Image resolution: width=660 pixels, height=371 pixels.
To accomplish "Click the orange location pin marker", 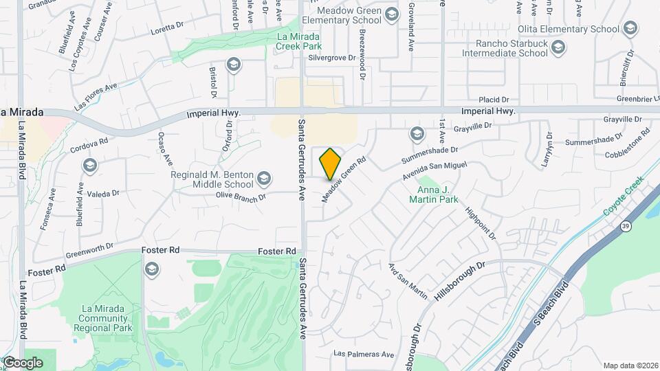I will click(331, 164).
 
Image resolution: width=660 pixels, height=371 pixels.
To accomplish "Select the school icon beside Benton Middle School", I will click(264, 180).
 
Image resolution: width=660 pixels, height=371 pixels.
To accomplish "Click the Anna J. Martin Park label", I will click(439, 194).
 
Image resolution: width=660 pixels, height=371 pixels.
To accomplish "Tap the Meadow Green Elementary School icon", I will click(392, 15).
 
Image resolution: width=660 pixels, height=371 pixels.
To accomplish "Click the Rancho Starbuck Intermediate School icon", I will click(558, 47).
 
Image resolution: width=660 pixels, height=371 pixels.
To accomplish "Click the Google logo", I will click(23, 363).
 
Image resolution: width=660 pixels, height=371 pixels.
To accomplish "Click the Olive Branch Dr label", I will click(241, 196).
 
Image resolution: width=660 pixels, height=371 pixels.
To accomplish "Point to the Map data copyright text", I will click(630, 365).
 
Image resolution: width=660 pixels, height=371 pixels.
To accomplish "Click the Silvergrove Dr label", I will click(332, 58).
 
